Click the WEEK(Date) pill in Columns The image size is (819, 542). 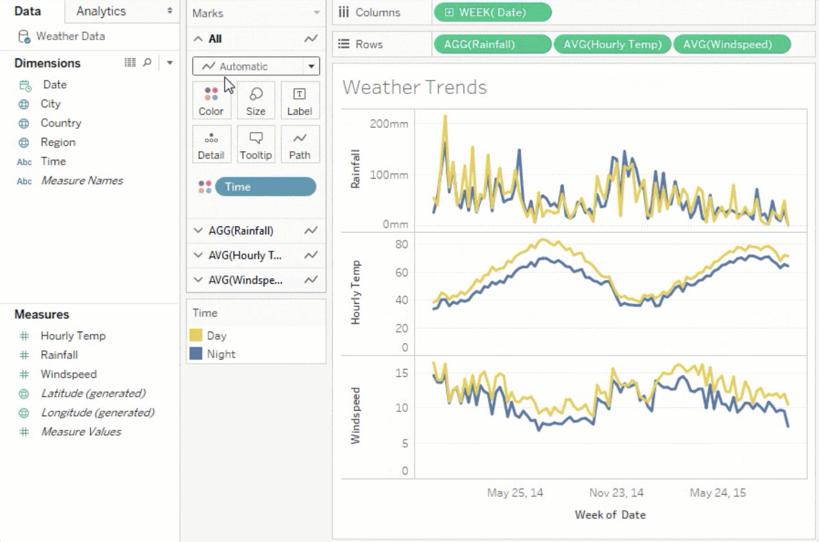492,12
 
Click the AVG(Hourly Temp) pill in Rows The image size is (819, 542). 613,45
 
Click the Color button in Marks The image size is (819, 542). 211,101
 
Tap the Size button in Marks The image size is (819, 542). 256,101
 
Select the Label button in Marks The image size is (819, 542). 299,101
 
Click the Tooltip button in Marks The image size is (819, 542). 256,145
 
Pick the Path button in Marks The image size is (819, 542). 299,145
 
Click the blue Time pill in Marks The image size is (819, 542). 265,187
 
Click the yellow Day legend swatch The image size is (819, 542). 196,336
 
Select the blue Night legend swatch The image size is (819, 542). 196,354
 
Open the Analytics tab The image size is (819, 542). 101,11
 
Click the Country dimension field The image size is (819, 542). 61,123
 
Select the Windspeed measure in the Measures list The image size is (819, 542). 68,374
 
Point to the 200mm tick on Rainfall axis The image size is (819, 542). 388,124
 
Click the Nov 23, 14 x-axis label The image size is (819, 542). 616,492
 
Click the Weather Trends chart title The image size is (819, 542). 415,87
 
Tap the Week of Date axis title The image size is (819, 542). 610,515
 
